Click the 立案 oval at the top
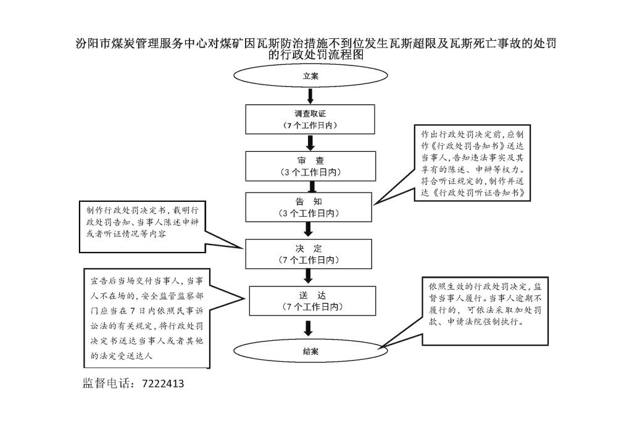[x=310, y=77]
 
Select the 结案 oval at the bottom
[x=310, y=351]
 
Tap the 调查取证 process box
[x=310, y=119]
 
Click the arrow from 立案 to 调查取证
[x=310, y=96]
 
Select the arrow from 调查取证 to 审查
[x=310, y=143]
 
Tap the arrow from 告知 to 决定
[x=309, y=230]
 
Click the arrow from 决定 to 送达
[x=309, y=277]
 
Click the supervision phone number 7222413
[x=163, y=383]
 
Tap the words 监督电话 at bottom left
[x=108, y=383]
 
